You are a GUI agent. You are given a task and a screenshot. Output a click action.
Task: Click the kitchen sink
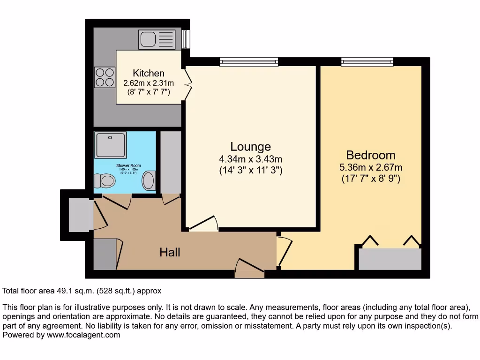[x=157, y=39]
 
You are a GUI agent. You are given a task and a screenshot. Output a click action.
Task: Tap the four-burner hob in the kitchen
[x=105, y=77]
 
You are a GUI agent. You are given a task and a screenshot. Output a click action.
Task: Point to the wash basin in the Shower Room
[x=149, y=180]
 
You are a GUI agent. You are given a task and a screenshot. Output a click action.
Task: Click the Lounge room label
[x=250, y=147]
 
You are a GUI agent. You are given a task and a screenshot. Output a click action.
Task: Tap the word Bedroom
[x=370, y=155]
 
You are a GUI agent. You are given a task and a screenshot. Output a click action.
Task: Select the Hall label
[x=170, y=252]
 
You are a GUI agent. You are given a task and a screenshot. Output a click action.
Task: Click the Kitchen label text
[x=149, y=73]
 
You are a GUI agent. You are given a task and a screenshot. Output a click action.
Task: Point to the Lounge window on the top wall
[x=249, y=61]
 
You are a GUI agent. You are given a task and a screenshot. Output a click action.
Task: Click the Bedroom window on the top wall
[x=367, y=61]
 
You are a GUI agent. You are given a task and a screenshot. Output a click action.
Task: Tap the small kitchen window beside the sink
[x=186, y=39]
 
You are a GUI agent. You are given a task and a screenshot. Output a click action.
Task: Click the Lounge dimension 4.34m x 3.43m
[x=251, y=159]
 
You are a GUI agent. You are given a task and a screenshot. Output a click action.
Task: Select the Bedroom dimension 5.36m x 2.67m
[x=371, y=167]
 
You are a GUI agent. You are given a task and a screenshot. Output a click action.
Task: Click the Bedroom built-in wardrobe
[x=390, y=259]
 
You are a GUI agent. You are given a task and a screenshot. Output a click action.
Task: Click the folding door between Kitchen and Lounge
[x=188, y=83]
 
